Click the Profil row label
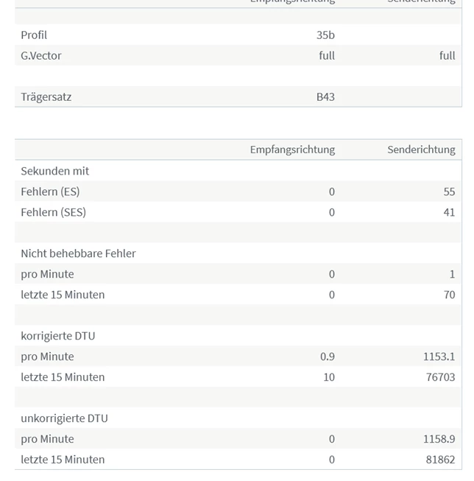click(34, 35)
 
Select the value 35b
click(325, 35)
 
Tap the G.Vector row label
click(41, 55)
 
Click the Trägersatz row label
click(46, 96)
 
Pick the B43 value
click(325, 96)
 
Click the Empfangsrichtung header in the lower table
click(292, 150)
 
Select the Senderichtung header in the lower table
click(421, 150)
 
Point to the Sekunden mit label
click(55, 171)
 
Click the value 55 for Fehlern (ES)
click(449, 192)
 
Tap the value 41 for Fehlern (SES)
click(449, 212)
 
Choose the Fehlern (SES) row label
click(54, 212)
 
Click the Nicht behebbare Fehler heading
click(78, 253)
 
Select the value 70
click(449, 295)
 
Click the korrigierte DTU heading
click(58, 336)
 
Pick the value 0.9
click(328, 357)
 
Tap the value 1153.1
click(439, 357)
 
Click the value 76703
click(440, 377)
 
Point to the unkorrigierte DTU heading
click(64, 418)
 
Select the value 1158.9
click(439, 439)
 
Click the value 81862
click(440, 460)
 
